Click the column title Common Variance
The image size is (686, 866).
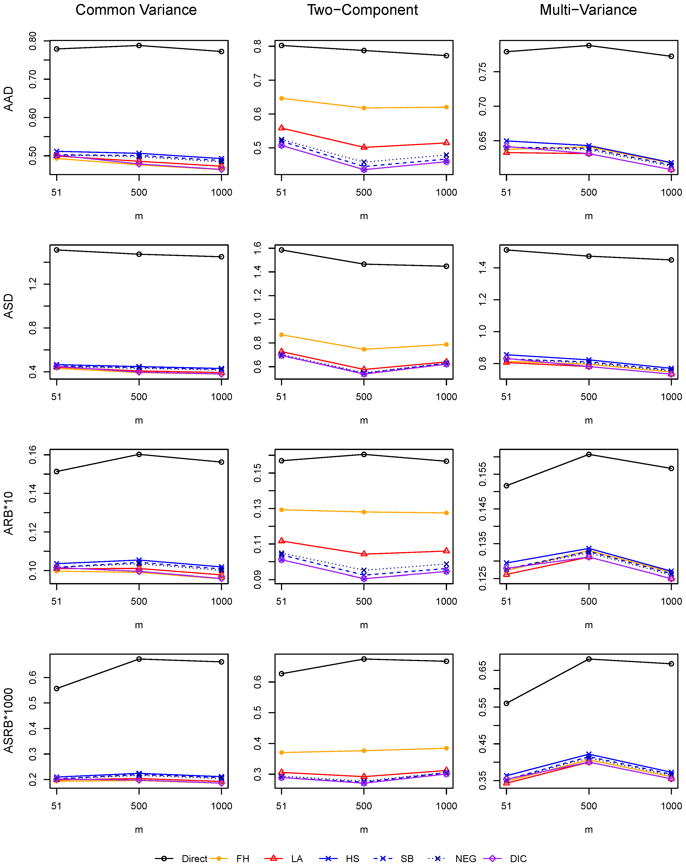pos(136,10)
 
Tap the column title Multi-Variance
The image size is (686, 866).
pos(588,10)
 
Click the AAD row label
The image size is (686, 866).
pos(9,99)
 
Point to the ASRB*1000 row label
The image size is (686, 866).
pos(9,721)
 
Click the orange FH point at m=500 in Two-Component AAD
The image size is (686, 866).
pos(364,108)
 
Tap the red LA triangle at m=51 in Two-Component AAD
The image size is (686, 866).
pos(281,128)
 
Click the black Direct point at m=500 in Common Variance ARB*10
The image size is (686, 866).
pos(139,454)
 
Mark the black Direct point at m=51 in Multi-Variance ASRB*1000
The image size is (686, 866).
pos(506,703)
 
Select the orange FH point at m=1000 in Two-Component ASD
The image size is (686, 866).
pos(446,344)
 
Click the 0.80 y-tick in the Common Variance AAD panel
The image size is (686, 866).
pos(33,41)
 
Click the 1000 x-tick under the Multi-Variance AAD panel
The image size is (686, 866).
pos(671,192)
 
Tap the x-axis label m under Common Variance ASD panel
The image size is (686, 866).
pos(139,421)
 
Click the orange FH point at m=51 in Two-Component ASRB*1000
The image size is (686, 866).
pos(281,752)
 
